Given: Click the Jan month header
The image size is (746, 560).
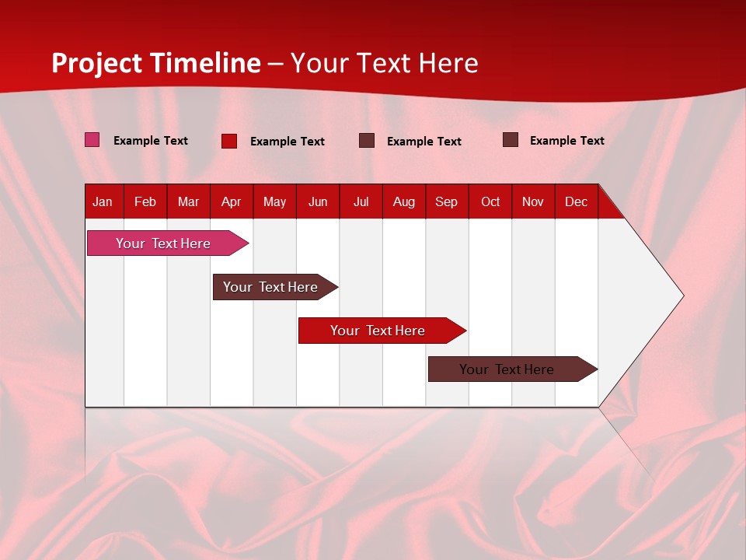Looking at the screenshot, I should pos(103,202).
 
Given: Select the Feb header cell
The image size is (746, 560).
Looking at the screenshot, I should pos(145,202).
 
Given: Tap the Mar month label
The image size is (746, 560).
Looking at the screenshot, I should pos(188,202).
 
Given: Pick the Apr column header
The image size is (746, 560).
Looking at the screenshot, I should pos(232,202).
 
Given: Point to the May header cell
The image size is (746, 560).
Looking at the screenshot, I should pos(274,202).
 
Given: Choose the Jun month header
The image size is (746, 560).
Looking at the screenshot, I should pos(318,202).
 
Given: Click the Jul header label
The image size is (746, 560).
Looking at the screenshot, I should pos(361,202).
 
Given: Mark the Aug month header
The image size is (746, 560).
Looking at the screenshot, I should pos(404,202).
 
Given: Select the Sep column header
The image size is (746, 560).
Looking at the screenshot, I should pos(447,202).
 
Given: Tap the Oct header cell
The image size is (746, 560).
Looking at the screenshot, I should pos(490,202).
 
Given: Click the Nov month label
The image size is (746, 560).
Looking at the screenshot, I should pos(533,202).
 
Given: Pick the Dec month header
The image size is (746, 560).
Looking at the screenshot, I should pos(577,202).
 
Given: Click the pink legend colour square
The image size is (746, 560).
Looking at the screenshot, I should pos(92,140).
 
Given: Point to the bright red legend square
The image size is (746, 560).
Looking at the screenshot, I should pos(229,141).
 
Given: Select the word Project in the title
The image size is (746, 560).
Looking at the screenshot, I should pos(97,63).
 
